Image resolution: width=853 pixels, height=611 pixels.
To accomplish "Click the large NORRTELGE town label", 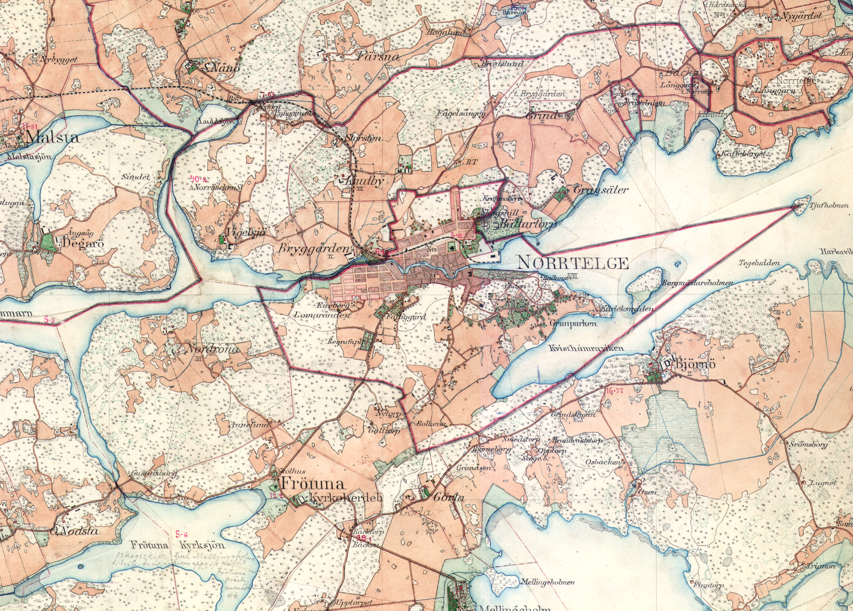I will pyautogui.click(x=573, y=263).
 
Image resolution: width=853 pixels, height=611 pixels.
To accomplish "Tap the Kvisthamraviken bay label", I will pyautogui.click(x=586, y=348).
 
